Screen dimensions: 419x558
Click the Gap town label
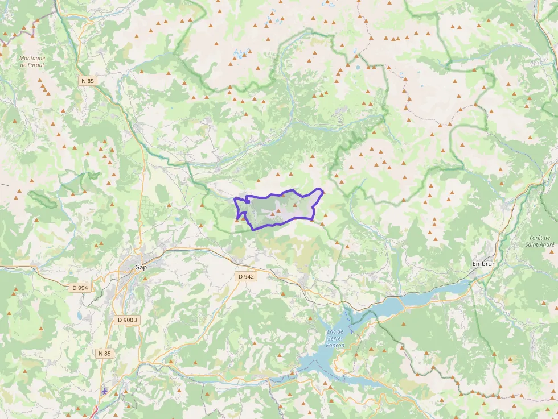point(141,267)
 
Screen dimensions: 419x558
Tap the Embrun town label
point(484,264)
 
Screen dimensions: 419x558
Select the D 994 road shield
point(80,288)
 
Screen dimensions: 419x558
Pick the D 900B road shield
point(127,320)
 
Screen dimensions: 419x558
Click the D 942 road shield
point(246,276)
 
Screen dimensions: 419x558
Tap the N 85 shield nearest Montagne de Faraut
point(88,81)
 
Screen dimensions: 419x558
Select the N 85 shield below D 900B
point(104,354)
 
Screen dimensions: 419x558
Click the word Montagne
point(31,58)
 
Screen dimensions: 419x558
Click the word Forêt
point(539,238)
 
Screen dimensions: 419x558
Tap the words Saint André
point(539,244)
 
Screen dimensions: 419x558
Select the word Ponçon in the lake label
point(335,345)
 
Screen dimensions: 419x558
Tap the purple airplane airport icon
point(105,391)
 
